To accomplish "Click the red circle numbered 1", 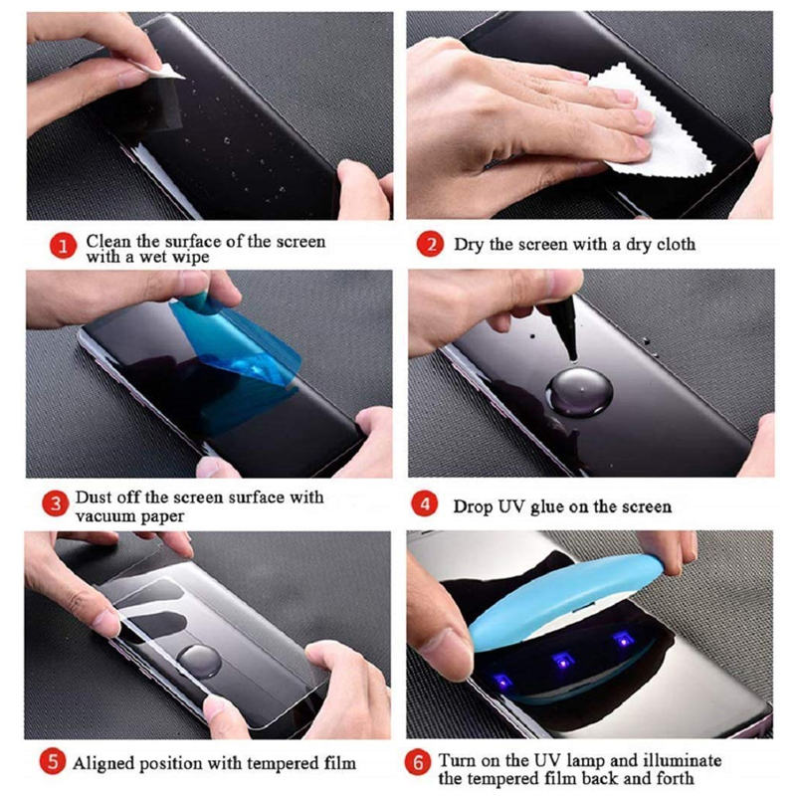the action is (x=63, y=245).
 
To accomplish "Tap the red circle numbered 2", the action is (x=430, y=244).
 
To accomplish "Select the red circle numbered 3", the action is (x=56, y=504).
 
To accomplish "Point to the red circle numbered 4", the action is (x=425, y=504).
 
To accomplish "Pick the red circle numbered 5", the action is (x=53, y=762).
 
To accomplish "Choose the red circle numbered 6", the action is (x=418, y=762).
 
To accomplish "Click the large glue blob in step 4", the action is (x=579, y=392).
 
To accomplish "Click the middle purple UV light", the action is (x=563, y=661).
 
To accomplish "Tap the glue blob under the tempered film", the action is (x=200, y=662).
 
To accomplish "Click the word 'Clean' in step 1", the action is (x=107, y=241).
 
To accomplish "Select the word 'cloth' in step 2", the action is (x=676, y=244).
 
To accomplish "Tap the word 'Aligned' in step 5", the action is (x=103, y=764).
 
